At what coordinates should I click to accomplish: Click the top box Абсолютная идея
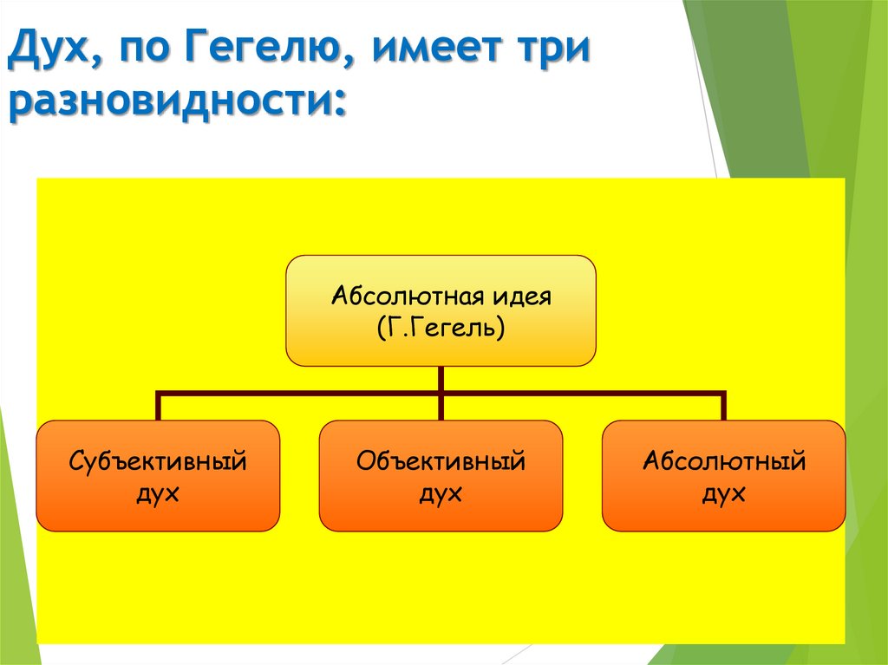tap(441, 310)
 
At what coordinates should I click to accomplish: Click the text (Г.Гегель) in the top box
tap(441, 328)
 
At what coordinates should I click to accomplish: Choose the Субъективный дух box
tap(158, 476)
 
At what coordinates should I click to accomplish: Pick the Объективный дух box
tap(441, 476)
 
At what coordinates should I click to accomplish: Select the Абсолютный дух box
tap(723, 476)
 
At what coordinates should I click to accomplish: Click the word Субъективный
tap(158, 460)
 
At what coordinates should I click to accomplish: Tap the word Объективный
tap(441, 460)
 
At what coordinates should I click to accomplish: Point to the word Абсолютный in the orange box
tap(723, 460)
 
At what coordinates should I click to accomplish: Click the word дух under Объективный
tap(441, 494)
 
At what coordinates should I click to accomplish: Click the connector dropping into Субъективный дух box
tap(159, 407)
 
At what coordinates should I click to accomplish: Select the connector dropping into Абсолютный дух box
tap(723, 407)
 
